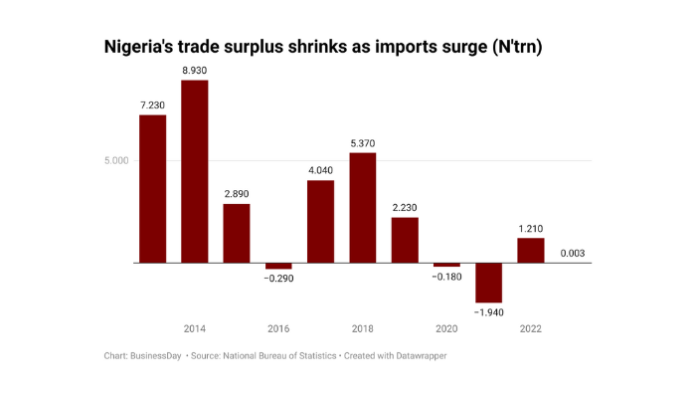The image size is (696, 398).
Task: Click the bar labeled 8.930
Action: coord(194,171)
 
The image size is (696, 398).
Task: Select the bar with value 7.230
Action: coord(152,189)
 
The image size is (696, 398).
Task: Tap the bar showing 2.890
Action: coord(237,233)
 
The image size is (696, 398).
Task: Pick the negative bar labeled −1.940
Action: coord(489,283)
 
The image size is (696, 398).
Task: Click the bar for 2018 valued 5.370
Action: coord(363,208)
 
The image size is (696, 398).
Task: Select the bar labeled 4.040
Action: coord(320,221)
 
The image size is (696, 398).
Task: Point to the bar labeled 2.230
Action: coord(405,240)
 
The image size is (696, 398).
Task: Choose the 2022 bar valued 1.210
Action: coord(531,250)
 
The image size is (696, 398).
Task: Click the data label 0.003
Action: coord(573,254)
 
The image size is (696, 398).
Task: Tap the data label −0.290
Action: coord(278,279)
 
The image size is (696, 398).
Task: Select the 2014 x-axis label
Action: coord(194,328)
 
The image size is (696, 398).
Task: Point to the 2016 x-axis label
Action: coord(278,328)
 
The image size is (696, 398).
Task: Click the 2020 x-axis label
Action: coord(446,328)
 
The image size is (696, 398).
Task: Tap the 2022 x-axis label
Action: coord(531,328)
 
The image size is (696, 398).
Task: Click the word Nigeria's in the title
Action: coord(145,48)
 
